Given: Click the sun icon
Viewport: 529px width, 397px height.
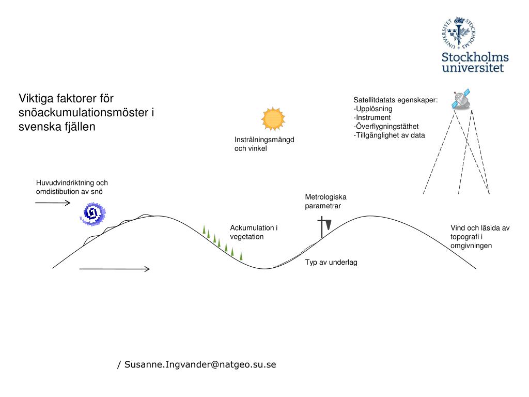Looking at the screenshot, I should click(273, 119).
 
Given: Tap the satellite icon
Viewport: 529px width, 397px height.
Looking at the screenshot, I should click(460, 100).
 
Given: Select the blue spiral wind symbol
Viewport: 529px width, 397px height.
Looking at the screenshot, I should click(92, 213).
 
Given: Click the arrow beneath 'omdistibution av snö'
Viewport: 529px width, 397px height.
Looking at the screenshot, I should click(53, 203).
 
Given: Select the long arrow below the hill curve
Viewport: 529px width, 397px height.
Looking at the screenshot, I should click(115, 269).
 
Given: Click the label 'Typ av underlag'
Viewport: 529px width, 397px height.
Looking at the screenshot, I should click(331, 262).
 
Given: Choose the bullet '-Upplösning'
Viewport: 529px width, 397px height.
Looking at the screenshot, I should click(373, 109).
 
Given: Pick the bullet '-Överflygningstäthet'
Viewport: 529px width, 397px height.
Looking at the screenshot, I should click(386, 127).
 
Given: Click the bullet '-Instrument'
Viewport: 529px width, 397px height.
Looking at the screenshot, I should click(372, 118).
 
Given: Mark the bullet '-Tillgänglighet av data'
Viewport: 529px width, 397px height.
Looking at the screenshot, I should click(389, 135).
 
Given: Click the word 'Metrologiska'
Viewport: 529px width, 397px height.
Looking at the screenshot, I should click(325, 197).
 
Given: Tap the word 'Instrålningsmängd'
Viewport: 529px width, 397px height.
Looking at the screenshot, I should click(264, 140).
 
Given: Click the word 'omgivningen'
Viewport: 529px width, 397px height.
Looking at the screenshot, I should click(471, 246).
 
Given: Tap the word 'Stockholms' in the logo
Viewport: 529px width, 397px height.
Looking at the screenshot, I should click(475, 57).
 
